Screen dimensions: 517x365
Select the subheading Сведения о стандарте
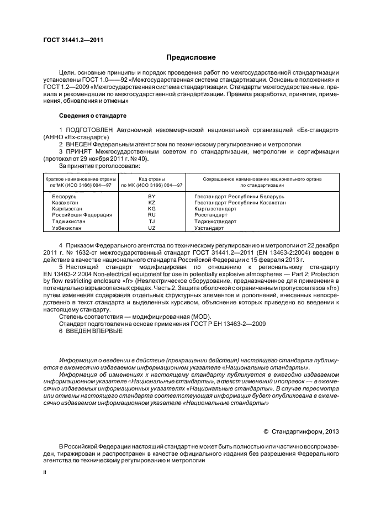tap(93, 116)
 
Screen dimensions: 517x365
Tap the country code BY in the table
tap(152, 197)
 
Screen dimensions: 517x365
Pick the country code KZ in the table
tap(152, 203)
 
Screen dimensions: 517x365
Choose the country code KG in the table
tap(152, 209)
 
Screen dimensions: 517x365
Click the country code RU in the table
tap(152, 215)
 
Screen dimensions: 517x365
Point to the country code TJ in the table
tap(152, 221)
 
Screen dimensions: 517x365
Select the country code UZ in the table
tap(152, 228)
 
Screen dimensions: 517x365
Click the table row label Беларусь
tap(64, 197)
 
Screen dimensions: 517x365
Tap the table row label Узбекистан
tap(67, 228)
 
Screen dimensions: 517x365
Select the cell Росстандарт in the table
tap(211, 215)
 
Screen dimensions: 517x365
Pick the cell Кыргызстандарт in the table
tap(215, 209)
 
